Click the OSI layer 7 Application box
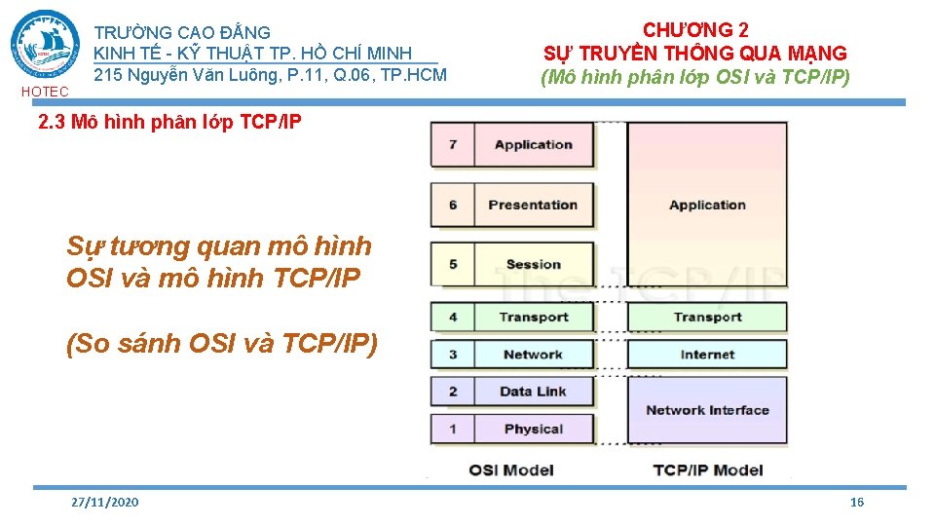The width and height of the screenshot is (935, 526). coord(533,145)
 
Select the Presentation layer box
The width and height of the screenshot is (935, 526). coord(533,205)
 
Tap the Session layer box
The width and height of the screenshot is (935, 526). coord(533,264)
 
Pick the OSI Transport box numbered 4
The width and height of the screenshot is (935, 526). coord(533,317)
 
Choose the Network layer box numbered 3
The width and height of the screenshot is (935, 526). coord(533,355)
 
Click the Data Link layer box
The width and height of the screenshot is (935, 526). coord(533,392)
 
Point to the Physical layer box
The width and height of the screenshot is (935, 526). coord(533,429)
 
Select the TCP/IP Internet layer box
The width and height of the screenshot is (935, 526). coord(707,355)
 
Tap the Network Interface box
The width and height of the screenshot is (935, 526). coord(707,410)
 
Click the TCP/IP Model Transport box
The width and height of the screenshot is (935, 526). coord(707,317)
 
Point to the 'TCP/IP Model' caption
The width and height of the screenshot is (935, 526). coord(708,470)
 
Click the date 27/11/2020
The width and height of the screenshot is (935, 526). coord(105,502)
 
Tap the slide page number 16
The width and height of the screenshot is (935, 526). coord(857,502)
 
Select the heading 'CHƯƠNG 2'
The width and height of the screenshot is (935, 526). coord(695,29)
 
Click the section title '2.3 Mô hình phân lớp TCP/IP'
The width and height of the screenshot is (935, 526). coord(169,123)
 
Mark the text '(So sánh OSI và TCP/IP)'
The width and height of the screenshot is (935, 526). coord(221,345)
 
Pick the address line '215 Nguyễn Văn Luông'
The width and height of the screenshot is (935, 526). coord(270,74)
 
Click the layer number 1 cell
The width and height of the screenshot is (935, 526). coord(453,429)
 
